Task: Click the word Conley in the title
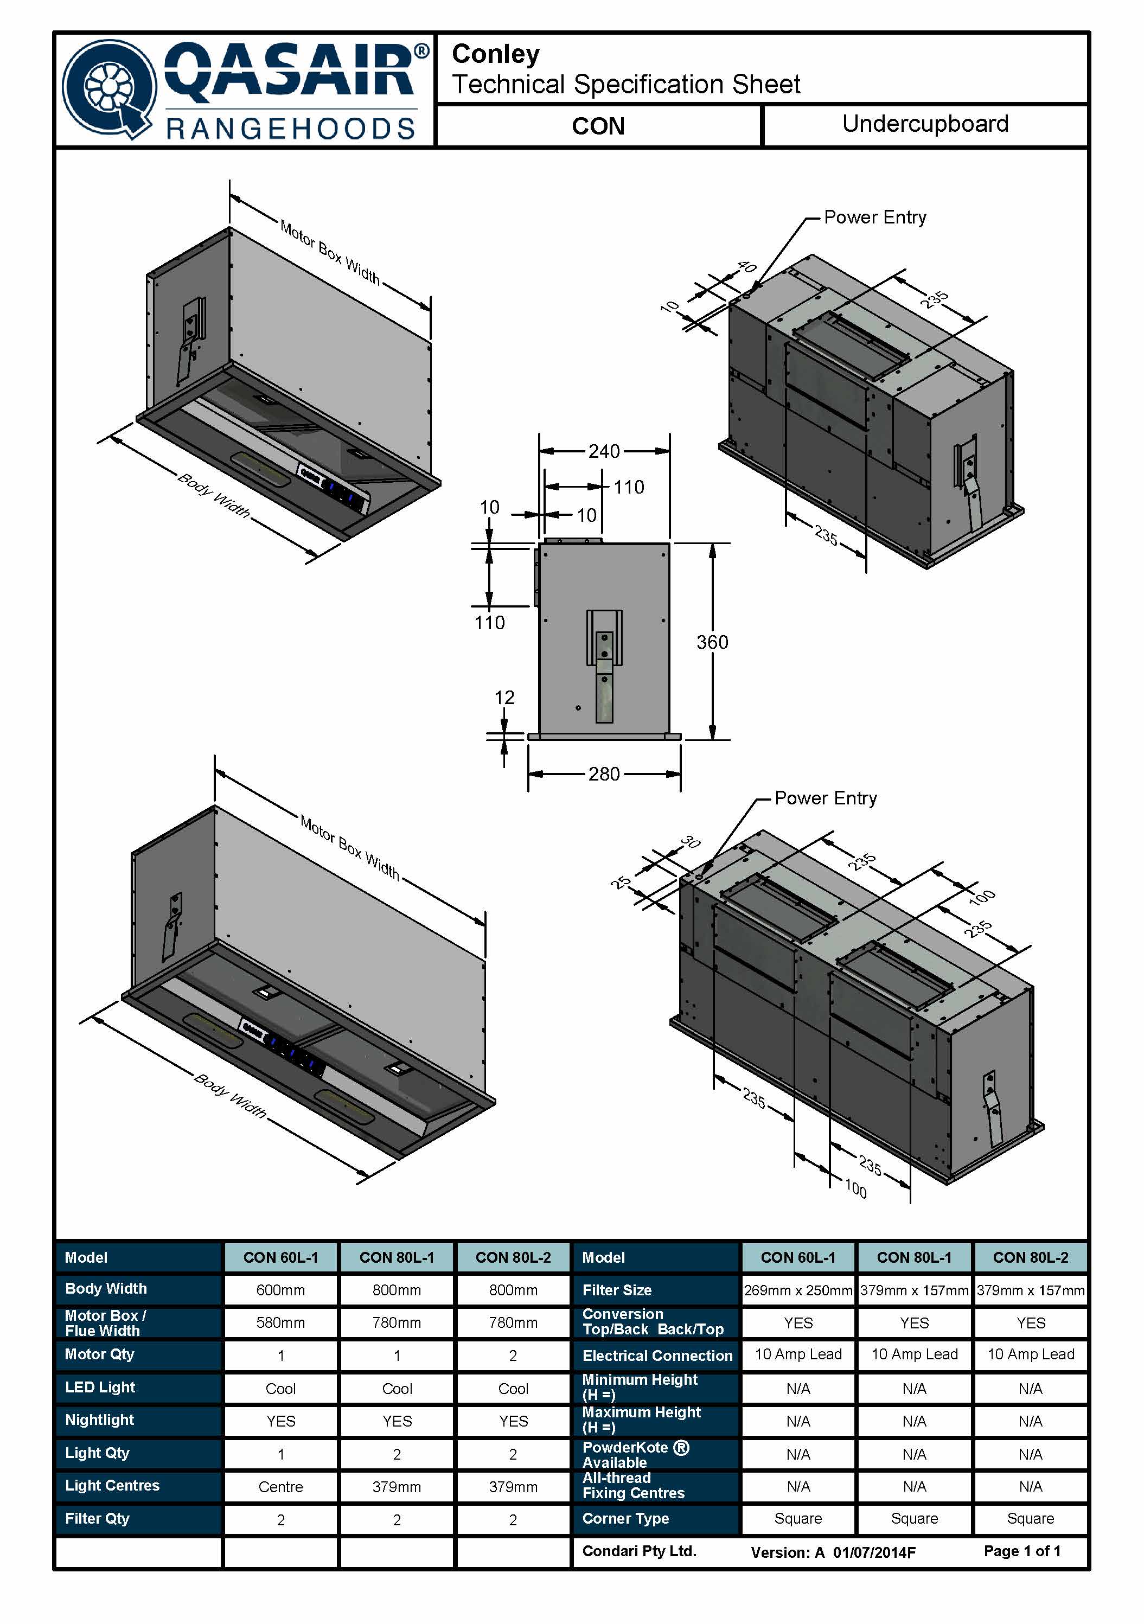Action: (x=495, y=54)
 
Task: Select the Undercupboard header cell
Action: (x=925, y=125)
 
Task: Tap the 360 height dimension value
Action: (x=712, y=642)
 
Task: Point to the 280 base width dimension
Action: (x=604, y=774)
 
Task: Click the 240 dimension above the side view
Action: (x=604, y=451)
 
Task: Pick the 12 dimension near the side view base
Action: (x=504, y=698)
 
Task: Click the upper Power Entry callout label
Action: (x=875, y=217)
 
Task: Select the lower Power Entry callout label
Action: (x=826, y=798)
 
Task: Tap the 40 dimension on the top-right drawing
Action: (x=746, y=267)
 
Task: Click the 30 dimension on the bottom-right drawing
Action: (x=690, y=842)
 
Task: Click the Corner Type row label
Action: (x=625, y=1519)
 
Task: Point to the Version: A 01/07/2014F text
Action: (x=833, y=1552)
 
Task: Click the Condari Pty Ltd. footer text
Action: (x=640, y=1551)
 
